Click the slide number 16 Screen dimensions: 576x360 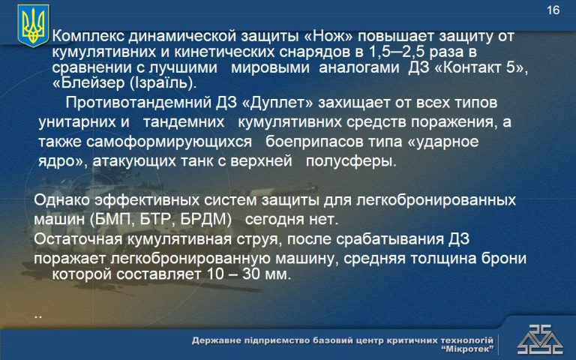tap(553, 10)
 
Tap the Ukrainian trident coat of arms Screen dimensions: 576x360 tap(33, 25)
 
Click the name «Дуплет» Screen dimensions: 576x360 tap(277, 103)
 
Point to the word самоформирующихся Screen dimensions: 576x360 tap(169, 142)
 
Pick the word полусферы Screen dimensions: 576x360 tap(351, 161)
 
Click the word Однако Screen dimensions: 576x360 tap(61, 200)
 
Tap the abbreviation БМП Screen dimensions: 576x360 tap(109, 220)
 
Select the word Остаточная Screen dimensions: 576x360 tap(78, 239)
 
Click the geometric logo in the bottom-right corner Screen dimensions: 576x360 tap(540, 340)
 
